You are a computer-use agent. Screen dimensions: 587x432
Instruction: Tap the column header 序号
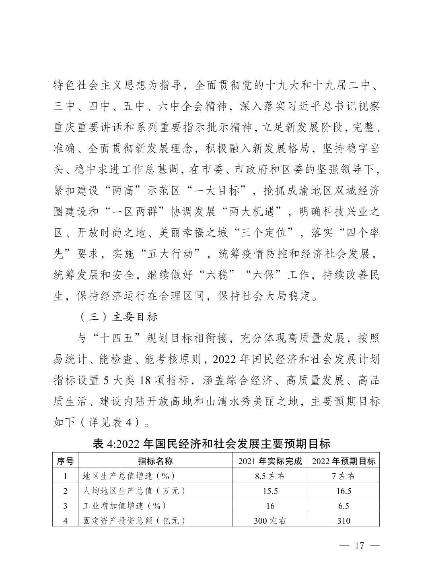(65, 461)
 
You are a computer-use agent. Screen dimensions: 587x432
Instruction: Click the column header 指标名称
(156, 461)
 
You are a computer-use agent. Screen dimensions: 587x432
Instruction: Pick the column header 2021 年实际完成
(269, 461)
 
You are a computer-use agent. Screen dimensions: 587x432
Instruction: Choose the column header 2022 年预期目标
(344, 461)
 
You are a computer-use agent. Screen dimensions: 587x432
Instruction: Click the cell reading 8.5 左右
(269, 476)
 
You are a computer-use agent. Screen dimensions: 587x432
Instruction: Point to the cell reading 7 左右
(344, 476)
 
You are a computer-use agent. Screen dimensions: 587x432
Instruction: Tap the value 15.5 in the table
(269, 491)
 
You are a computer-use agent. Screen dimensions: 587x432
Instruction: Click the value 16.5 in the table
(344, 491)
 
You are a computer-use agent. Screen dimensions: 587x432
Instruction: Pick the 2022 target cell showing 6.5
(344, 506)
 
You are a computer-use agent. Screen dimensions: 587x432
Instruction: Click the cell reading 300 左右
(269, 521)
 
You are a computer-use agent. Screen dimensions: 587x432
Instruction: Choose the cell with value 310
(344, 521)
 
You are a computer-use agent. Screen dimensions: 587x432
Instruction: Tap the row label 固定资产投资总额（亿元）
(134, 521)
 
